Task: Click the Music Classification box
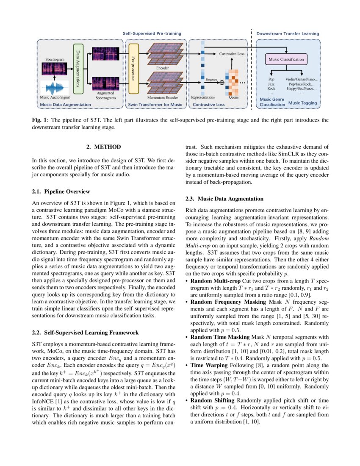286,59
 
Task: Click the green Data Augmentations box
78,69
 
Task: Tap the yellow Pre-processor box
133,69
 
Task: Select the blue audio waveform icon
54,88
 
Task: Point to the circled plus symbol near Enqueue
222,83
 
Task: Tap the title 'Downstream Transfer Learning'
288,33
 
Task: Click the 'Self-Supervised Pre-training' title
152,33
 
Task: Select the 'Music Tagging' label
302,103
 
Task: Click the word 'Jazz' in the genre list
271,84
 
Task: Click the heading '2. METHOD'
104,147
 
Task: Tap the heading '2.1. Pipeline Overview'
61,191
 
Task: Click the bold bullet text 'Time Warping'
206,365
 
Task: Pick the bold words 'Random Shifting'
211,400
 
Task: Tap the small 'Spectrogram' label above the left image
55,60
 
